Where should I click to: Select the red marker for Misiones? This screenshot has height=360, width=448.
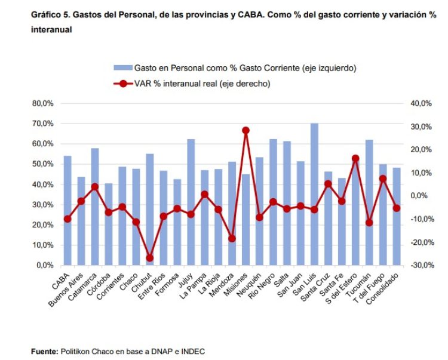(x=246, y=130)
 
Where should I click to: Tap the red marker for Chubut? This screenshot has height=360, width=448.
(x=150, y=258)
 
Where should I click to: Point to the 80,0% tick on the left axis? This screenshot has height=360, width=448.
(x=43, y=103)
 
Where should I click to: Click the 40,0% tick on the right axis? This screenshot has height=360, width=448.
(x=421, y=103)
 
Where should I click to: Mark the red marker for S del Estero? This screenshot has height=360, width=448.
(x=355, y=158)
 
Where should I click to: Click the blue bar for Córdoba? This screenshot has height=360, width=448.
(x=109, y=224)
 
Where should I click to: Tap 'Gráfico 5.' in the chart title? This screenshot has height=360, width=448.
(x=51, y=14)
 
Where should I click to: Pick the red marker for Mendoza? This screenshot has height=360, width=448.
(x=232, y=238)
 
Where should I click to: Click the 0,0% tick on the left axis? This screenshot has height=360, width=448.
(x=45, y=265)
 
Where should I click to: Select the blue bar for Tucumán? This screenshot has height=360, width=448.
(x=369, y=202)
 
